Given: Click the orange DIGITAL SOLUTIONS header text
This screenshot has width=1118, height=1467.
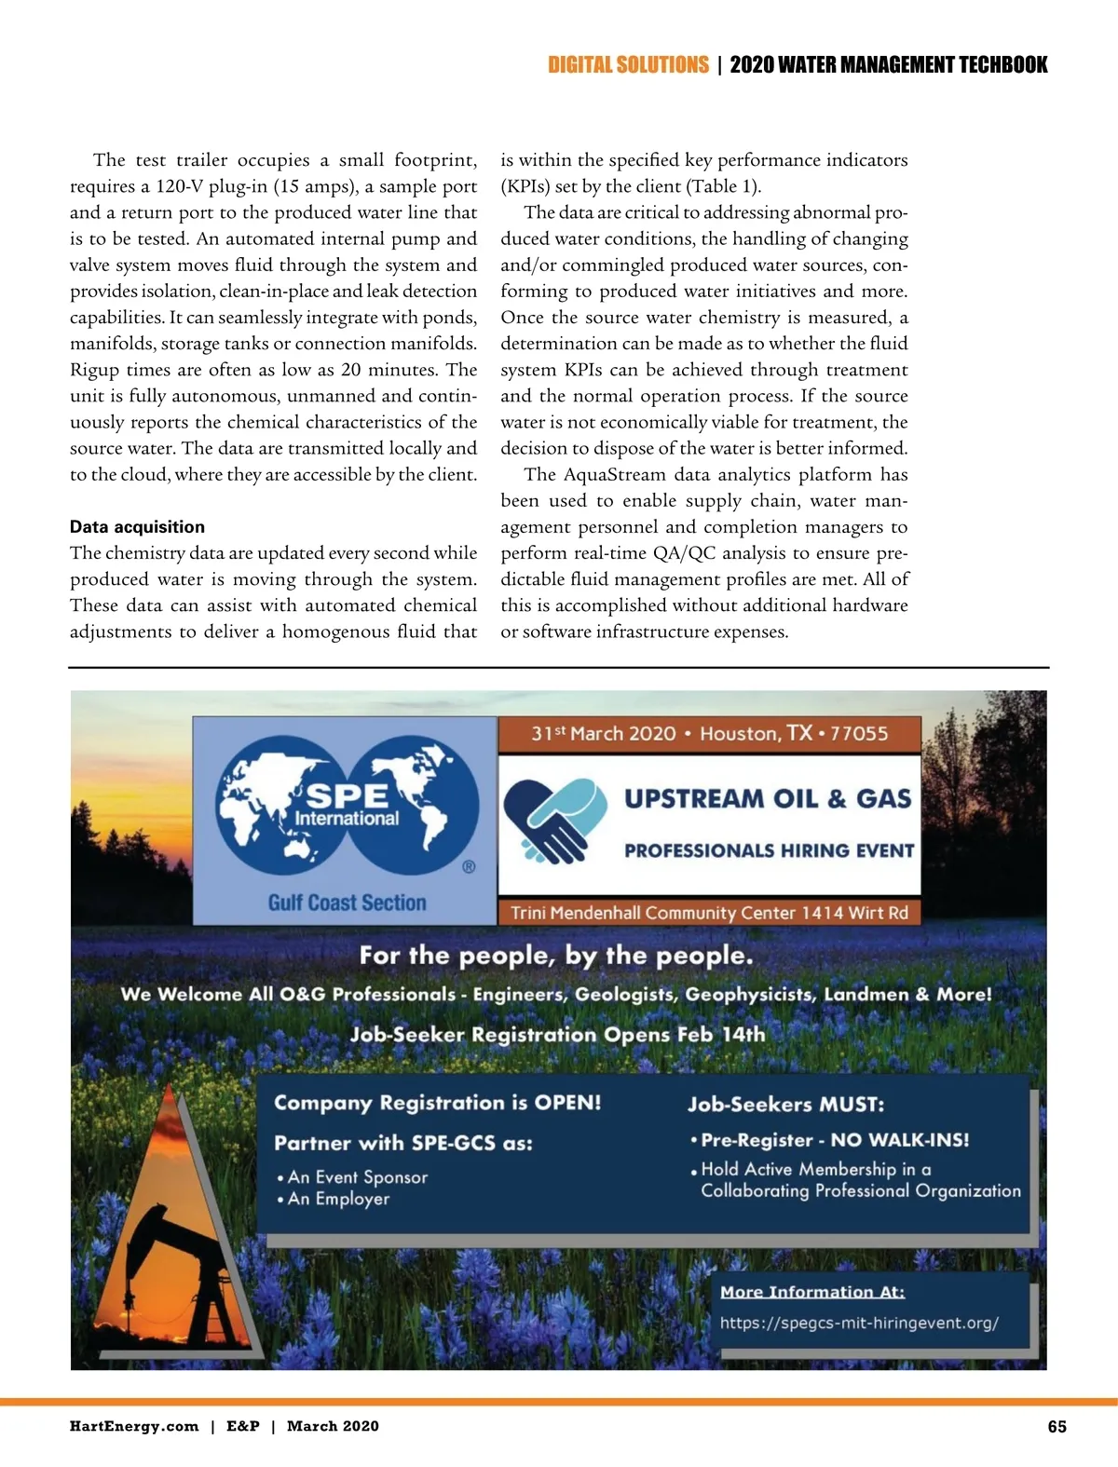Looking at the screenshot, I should point(628,65).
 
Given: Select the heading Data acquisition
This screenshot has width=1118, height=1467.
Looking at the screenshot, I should point(137,527).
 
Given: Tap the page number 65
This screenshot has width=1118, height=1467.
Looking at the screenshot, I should point(1057,1427).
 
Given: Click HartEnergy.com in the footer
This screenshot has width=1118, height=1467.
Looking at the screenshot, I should point(134,1426).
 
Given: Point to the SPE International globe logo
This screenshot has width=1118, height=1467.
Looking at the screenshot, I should point(347,806).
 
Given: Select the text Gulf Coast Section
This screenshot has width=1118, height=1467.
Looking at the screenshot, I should point(347,903).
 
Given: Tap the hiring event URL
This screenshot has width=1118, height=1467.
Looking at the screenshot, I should point(858,1323).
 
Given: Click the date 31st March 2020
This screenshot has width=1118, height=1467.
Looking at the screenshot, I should point(603,734).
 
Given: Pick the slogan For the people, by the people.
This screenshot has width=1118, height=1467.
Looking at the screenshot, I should point(556,956).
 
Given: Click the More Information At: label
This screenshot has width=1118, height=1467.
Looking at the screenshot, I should point(811,1292).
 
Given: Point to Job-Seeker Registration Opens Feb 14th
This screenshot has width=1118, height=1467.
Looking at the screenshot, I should point(557,1035).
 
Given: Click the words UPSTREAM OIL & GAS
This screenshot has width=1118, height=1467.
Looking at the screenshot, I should point(768,799).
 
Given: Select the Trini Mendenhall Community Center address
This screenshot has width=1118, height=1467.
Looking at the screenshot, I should point(709,913).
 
